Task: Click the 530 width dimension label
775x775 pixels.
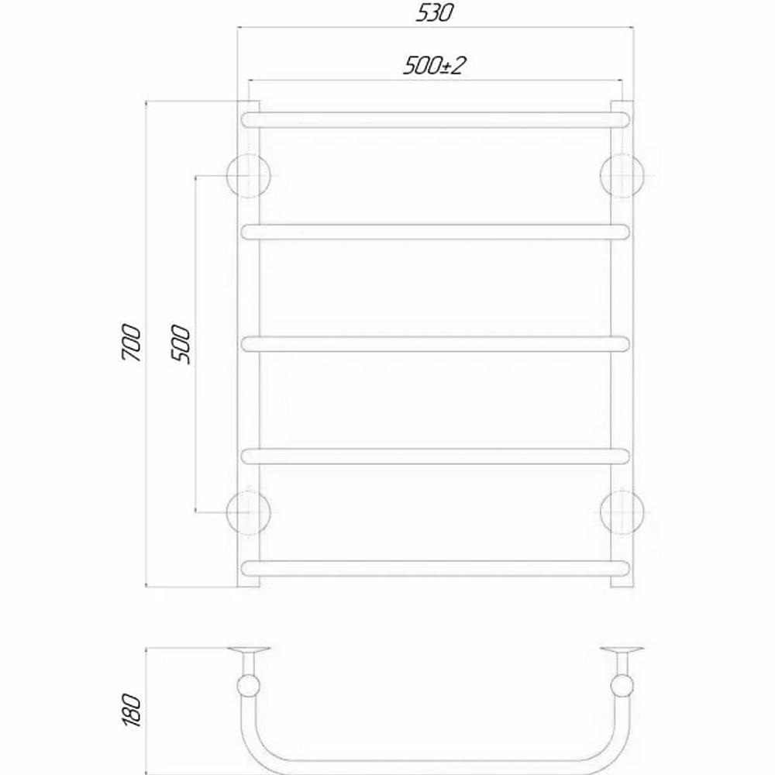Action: click(435, 13)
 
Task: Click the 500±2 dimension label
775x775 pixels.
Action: click(433, 66)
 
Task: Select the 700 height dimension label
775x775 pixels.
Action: click(131, 343)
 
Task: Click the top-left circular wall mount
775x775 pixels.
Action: click(249, 175)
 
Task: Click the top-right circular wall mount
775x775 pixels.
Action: click(622, 175)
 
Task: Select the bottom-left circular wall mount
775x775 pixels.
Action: click(249, 512)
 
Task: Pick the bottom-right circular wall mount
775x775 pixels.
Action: click(622, 512)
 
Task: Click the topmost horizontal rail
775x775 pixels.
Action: click(434, 119)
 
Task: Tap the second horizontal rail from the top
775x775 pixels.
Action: click(434, 232)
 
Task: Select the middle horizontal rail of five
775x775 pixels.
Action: click(434, 343)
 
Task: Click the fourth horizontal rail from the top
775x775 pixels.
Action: click(434, 456)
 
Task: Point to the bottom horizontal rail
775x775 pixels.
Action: click(434, 567)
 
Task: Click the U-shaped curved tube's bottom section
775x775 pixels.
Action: click(434, 763)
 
